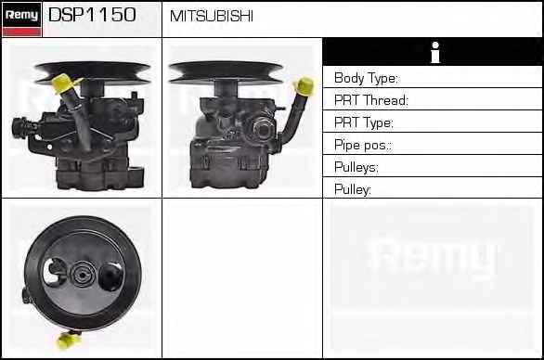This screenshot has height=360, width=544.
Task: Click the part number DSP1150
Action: pos(92,15)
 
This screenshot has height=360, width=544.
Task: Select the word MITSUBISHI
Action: pos(212,16)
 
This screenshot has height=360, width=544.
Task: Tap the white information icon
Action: pos(435,52)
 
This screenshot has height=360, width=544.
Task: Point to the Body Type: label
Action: pos(366,78)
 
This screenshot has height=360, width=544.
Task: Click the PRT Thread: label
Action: pos(371,100)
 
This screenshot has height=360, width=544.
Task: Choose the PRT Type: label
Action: pos(364,122)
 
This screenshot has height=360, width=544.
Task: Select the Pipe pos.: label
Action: pos(363,145)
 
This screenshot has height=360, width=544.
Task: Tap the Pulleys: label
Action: pos(356,167)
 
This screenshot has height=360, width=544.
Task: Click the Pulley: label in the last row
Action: pos(353,189)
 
